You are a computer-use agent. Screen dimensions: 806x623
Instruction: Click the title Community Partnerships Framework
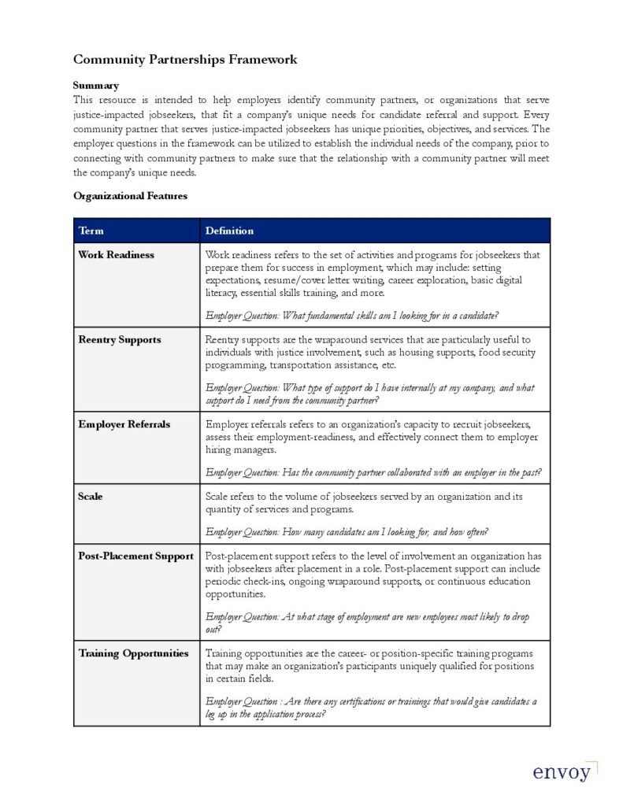click(x=185, y=60)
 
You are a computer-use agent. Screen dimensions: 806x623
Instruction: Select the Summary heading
click(x=95, y=85)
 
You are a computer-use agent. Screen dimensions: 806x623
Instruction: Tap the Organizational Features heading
click(x=130, y=196)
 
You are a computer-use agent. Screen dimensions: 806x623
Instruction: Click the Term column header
click(x=91, y=231)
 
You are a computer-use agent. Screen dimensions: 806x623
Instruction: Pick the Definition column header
click(x=229, y=231)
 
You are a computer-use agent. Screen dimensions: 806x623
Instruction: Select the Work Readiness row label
click(x=116, y=255)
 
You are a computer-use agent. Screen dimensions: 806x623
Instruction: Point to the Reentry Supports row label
click(x=119, y=340)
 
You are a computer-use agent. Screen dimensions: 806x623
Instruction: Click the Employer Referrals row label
click(x=124, y=425)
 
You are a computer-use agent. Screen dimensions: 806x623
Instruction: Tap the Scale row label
click(x=90, y=497)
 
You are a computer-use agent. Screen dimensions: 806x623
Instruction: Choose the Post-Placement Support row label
click(x=135, y=556)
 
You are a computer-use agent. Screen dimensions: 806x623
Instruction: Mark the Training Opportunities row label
click(x=133, y=653)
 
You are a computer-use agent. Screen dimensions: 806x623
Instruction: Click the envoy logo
click(x=562, y=771)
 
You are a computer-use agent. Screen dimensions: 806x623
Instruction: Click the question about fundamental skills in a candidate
click(x=351, y=316)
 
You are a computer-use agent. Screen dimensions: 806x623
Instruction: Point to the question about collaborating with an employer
click(x=373, y=472)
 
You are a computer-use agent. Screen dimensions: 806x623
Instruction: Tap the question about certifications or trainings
click(x=370, y=708)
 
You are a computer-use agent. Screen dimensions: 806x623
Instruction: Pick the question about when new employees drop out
click(x=367, y=623)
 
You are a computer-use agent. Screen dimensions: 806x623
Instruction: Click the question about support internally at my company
click(x=369, y=394)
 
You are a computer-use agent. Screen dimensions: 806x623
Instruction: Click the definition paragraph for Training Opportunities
click(x=369, y=666)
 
